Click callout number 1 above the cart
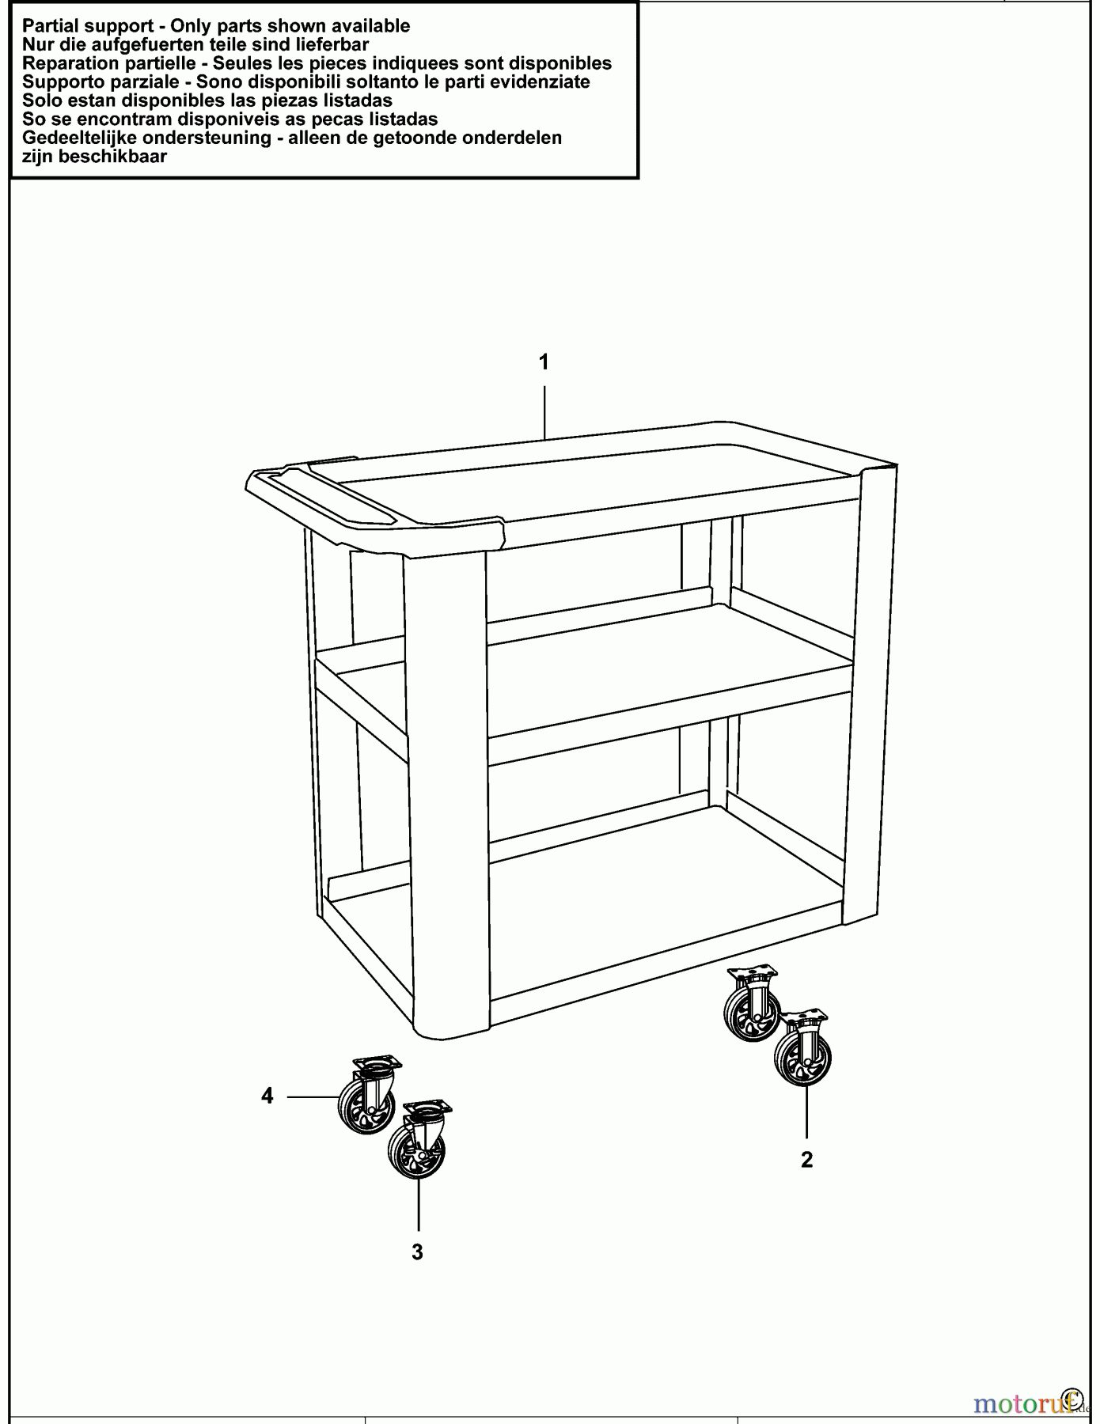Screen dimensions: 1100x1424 click(x=544, y=362)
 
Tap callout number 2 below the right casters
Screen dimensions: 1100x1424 click(x=806, y=1160)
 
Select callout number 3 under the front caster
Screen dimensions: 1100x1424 click(x=417, y=1252)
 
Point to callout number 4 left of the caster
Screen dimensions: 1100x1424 click(x=267, y=1096)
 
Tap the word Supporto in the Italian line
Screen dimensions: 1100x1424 click(x=59, y=82)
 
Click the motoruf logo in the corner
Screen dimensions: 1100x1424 click(x=1029, y=1403)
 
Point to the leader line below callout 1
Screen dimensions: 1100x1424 click(x=544, y=411)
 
